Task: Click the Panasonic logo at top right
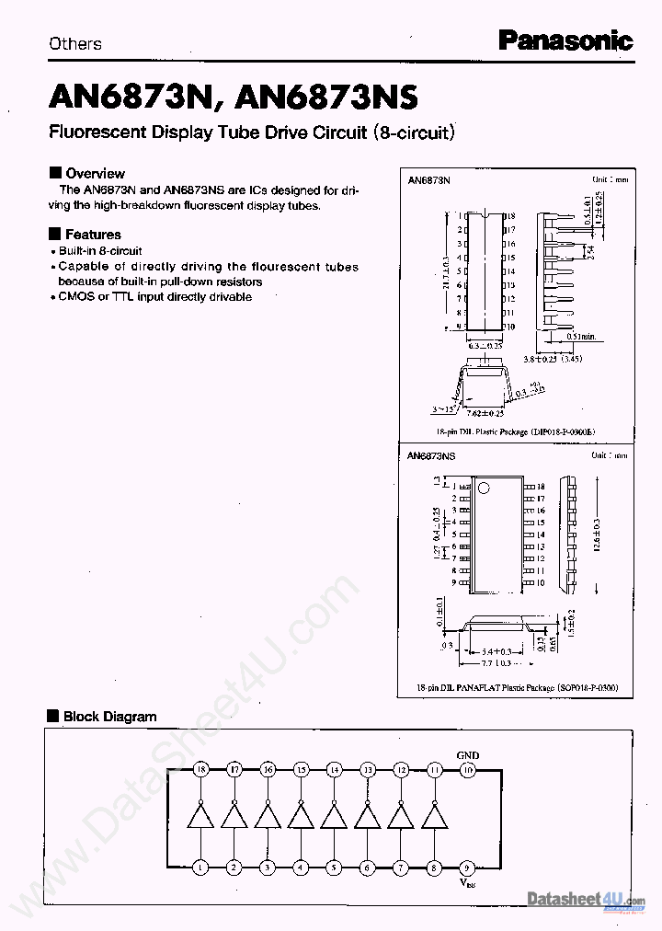(x=565, y=40)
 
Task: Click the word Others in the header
(x=75, y=43)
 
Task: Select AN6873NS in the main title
(x=327, y=97)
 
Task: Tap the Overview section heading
(x=95, y=173)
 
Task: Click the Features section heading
(x=92, y=235)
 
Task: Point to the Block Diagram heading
(x=109, y=717)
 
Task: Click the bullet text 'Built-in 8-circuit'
(x=100, y=251)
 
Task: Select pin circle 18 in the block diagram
(x=201, y=769)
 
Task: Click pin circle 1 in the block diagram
(x=201, y=867)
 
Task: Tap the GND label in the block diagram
(x=467, y=755)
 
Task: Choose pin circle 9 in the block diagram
(x=467, y=867)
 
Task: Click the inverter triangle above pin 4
(x=301, y=816)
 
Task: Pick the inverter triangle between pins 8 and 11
(x=434, y=816)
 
